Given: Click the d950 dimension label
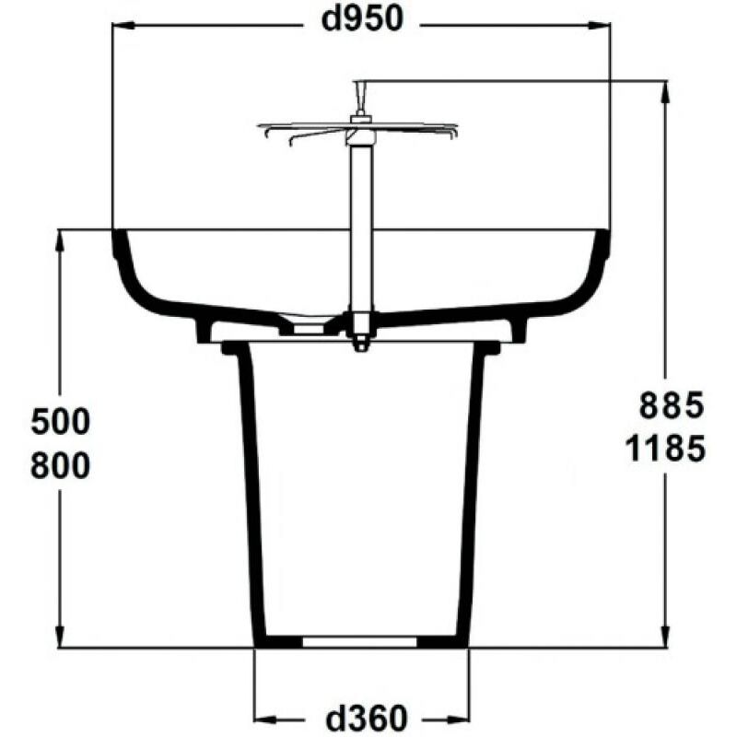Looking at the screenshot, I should tap(362, 20).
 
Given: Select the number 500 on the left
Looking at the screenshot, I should tap(61, 423).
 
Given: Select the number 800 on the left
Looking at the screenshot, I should tap(61, 465).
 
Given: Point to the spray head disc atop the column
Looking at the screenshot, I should tap(358, 126).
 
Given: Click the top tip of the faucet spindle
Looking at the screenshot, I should tap(358, 86).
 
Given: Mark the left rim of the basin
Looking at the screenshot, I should tap(118, 244).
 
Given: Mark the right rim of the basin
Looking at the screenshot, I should tap(603, 244).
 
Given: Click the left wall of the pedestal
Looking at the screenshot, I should tap(248, 488).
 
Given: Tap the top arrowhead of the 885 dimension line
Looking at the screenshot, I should tap(665, 88).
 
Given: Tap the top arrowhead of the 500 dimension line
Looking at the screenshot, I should tap(60, 238).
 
